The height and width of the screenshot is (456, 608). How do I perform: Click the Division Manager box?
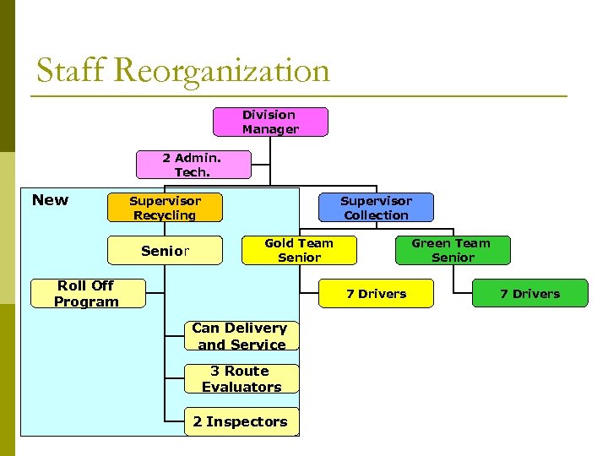click(x=270, y=122)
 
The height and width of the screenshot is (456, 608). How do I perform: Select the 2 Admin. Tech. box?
click(x=193, y=165)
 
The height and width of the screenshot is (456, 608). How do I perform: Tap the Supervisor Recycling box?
click(x=165, y=208)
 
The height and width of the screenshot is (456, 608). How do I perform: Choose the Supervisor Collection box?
click(x=376, y=208)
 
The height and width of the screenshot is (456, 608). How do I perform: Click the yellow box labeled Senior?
click(x=165, y=251)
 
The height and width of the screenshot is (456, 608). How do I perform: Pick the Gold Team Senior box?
click(x=299, y=250)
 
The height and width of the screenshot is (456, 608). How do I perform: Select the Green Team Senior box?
click(x=453, y=250)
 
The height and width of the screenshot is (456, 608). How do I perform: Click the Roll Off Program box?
click(x=86, y=293)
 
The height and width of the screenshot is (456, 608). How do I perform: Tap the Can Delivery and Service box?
click(x=241, y=336)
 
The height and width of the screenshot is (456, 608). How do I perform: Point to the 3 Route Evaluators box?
click(x=242, y=379)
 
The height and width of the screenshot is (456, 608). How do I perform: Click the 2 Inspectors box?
click(x=241, y=421)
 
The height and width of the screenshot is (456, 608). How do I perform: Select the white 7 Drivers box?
click(x=376, y=294)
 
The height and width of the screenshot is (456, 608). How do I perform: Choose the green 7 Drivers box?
click(x=529, y=294)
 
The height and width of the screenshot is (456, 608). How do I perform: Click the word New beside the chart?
click(x=50, y=200)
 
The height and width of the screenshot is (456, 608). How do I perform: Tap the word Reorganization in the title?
click(x=220, y=71)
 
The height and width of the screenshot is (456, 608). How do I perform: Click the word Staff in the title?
click(x=70, y=71)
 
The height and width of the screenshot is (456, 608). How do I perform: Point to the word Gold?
click(x=280, y=243)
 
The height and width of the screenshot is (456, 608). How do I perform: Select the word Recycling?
click(x=165, y=215)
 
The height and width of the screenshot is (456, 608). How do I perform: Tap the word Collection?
click(x=376, y=215)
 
